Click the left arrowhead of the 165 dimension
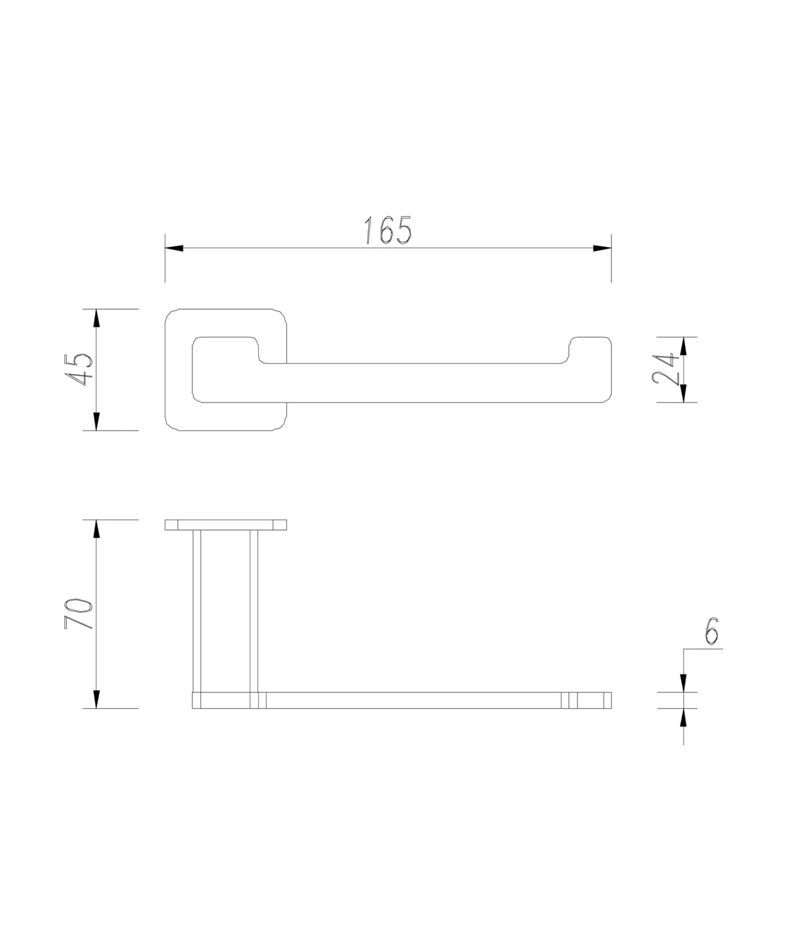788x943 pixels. point(174,248)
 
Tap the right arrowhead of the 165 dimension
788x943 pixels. point(602,248)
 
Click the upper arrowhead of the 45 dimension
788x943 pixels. point(96,318)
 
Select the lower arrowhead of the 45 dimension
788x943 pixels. point(96,421)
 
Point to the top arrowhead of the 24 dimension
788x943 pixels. point(683,346)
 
